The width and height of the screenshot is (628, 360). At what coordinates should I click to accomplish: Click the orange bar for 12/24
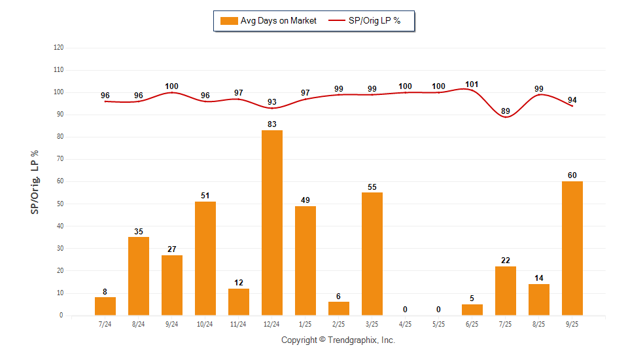(x=272, y=223)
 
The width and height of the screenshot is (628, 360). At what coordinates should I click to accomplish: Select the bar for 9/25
(x=572, y=248)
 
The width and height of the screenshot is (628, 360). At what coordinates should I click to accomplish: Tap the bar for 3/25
(x=372, y=254)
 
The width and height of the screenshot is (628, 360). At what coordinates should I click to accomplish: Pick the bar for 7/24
(x=105, y=306)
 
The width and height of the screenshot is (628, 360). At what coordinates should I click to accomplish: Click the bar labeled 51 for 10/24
(x=205, y=259)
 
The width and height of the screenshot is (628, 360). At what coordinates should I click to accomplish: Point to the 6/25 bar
(x=472, y=310)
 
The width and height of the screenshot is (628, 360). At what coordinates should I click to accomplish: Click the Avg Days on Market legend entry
(x=269, y=21)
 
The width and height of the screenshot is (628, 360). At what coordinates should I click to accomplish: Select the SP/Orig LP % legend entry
(x=372, y=21)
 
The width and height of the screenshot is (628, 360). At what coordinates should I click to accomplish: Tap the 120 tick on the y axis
(x=58, y=48)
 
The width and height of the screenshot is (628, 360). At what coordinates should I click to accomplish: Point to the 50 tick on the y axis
(x=60, y=204)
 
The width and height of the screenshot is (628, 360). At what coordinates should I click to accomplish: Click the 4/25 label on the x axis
(x=406, y=324)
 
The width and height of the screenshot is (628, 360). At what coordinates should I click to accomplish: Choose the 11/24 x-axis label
(x=239, y=324)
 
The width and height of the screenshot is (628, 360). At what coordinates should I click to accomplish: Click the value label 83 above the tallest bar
(x=272, y=124)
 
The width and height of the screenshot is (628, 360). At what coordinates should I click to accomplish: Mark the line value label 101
(x=472, y=84)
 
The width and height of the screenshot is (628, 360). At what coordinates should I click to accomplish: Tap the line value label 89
(x=506, y=111)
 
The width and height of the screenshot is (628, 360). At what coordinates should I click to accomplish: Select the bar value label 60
(x=572, y=175)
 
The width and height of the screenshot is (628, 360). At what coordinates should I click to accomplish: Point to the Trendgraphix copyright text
(x=338, y=340)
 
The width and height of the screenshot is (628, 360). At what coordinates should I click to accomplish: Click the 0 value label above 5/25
(x=439, y=309)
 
